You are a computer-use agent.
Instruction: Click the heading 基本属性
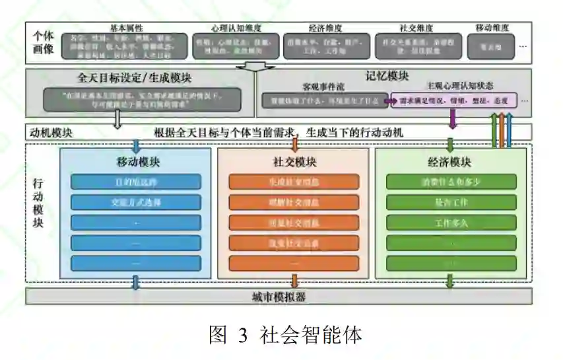pyautogui.click(x=126, y=28)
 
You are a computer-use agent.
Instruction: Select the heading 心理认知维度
pyautogui.click(x=236, y=28)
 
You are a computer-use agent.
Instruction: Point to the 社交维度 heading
pyautogui.click(x=416, y=28)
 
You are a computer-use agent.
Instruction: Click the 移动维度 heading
pyautogui.click(x=492, y=28)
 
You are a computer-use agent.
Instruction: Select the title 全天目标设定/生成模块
pyautogui.click(x=135, y=77)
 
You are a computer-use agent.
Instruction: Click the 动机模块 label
pyautogui.click(x=50, y=132)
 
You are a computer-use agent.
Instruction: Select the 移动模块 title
pyautogui.click(x=138, y=162)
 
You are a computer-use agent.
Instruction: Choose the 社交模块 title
pyautogui.click(x=294, y=162)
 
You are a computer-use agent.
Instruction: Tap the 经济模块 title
pyautogui.click(x=449, y=162)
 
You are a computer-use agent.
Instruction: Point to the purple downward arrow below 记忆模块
pyautogui.click(x=453, y=119)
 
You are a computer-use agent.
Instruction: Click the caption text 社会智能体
pyautogui.click(x=311, y=335)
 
